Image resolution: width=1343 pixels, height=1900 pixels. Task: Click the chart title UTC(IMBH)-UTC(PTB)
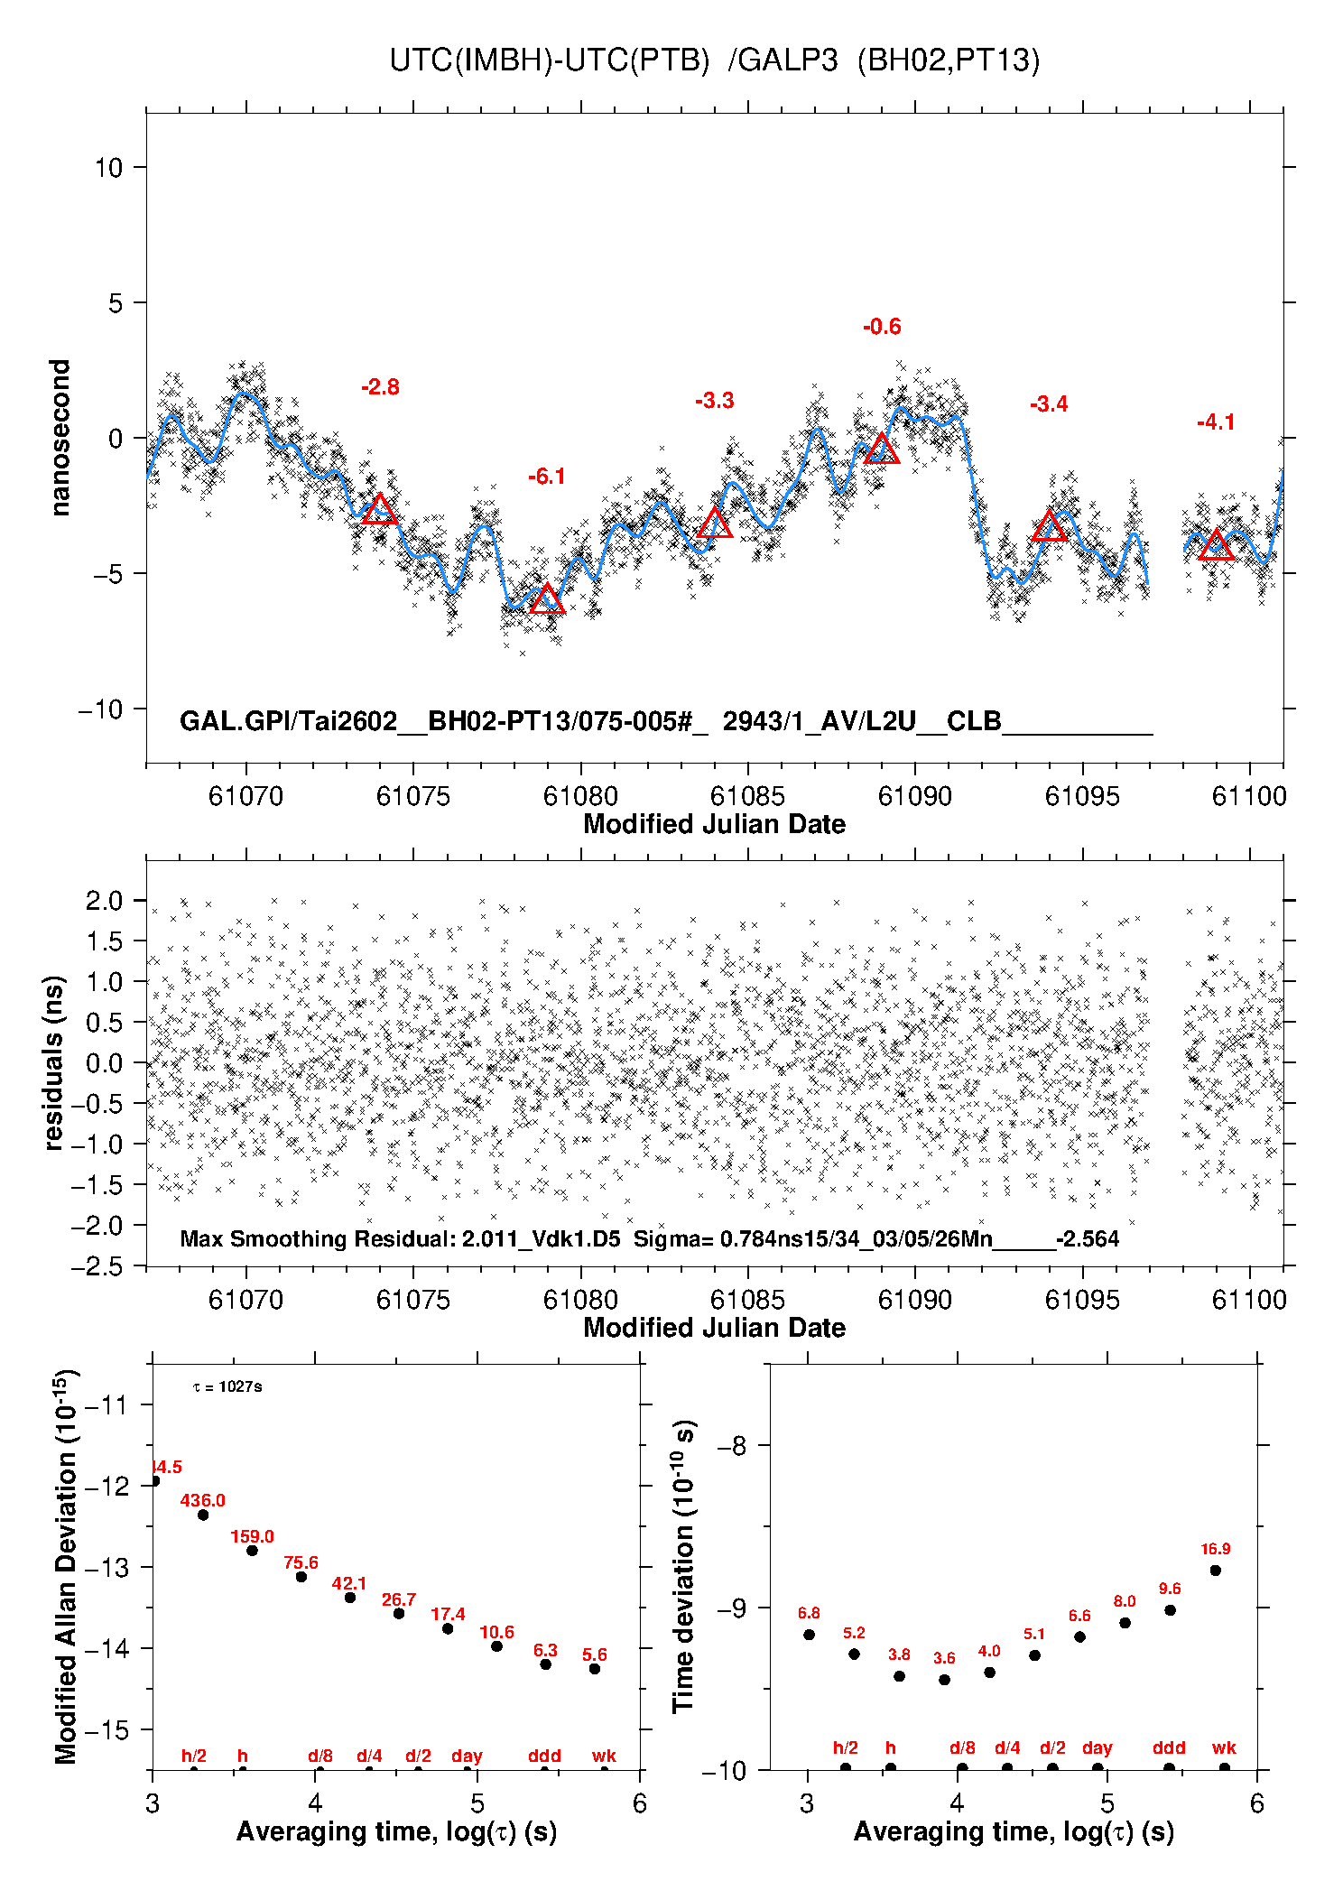tap(550, 60)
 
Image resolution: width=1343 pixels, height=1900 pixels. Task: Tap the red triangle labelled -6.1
tap(547, 599)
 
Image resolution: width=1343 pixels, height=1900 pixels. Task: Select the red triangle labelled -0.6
tap(882, 449)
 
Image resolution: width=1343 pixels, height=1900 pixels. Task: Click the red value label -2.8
tap(380, 387)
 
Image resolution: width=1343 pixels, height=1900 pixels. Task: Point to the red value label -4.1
tap(1216, 422)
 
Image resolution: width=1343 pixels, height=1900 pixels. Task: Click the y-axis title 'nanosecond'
tap(60, 438)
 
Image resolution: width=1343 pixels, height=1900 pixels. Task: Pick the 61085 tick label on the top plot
tap(747, 796)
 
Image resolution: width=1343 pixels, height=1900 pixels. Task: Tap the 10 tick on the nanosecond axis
tap(109, 167)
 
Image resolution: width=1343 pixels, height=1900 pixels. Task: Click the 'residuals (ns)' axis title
tap(54, 1062)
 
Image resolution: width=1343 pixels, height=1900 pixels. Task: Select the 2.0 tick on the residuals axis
tap(104, 900)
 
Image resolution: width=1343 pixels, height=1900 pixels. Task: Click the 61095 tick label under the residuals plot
tap(1082, 1300)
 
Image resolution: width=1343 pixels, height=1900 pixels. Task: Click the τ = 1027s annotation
tap(227, 1386)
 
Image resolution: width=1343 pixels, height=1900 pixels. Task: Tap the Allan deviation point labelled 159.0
tap(253, 1551)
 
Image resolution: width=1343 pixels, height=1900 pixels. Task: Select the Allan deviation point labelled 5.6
tap(595, 1669)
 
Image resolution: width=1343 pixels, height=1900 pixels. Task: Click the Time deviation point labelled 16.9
tap(1216, 1571)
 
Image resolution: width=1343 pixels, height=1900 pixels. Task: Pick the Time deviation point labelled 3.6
tap(944, 1680)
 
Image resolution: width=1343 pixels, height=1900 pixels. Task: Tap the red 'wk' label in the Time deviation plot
tap(1224, 1748)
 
